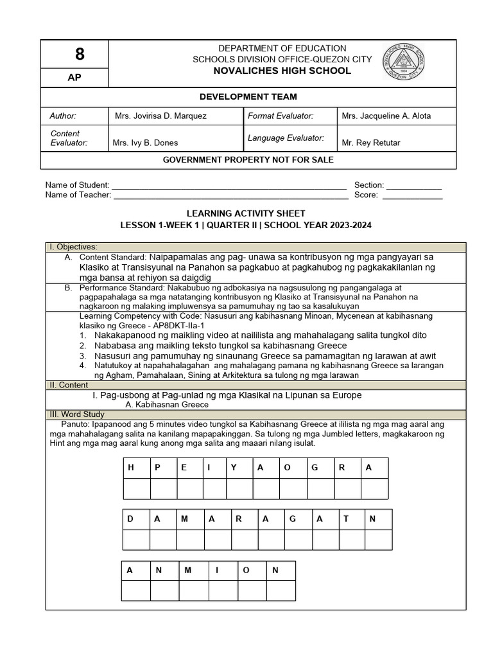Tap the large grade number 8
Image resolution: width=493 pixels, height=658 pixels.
pos(75,55)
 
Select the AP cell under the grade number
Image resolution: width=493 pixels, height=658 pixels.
pos(75,78)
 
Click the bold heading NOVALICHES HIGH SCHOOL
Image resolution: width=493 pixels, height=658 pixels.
pos(282,71)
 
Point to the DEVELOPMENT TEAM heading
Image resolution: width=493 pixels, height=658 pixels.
pos(248,97)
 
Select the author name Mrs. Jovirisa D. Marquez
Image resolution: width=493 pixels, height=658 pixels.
pos(160,116)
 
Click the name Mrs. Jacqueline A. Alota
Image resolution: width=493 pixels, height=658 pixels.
pos(386,116)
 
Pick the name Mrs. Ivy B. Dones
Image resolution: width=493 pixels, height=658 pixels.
pos(145,143)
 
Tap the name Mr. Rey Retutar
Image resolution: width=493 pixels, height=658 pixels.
pos(370,143)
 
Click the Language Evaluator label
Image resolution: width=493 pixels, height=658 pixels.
pos(286,138)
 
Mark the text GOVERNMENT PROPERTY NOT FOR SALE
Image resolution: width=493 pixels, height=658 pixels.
pos(248,160)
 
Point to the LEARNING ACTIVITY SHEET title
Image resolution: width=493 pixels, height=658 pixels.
pos(246,213)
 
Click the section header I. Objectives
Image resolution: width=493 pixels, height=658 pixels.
pos(74,247)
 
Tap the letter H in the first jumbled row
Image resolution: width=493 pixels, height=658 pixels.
pos(131,468)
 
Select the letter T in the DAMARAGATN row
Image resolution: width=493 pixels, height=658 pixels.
pos(345,519)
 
